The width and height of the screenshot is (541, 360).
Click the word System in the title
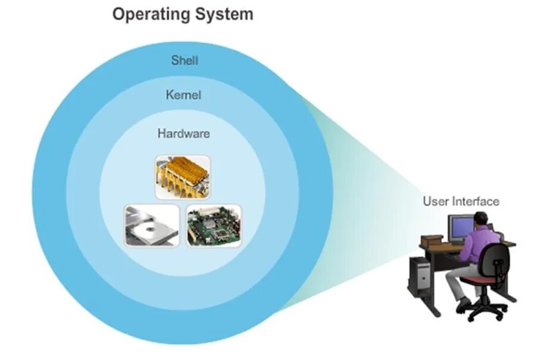(224, 14)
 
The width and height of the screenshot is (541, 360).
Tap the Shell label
(184, 60)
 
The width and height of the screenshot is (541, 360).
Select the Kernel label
(184, 95)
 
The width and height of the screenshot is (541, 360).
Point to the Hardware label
(183, 134)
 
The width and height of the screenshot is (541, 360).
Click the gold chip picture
(183, 177)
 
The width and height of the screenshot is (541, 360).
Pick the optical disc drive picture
(151, 226)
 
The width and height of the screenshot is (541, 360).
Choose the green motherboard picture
(214, 226)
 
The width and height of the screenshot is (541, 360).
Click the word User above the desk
(435, 201)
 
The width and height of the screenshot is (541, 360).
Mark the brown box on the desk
(432, 241)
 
